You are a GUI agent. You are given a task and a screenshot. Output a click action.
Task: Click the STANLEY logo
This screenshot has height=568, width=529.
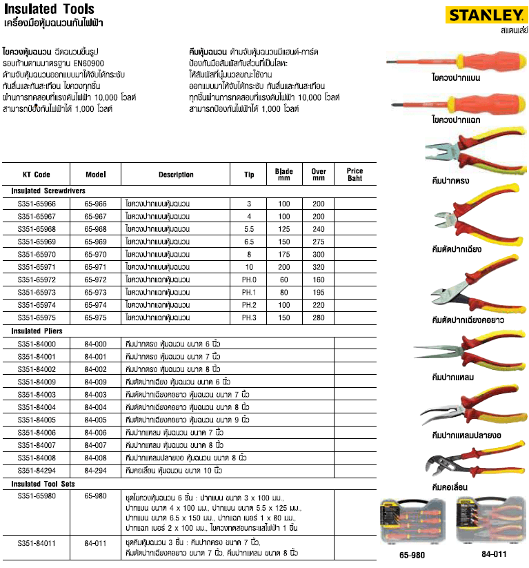[x=483, y=14]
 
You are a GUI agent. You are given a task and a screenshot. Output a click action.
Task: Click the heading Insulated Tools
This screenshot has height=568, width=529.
[x=41, y=10]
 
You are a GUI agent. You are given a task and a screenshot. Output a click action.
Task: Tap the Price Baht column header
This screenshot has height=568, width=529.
[x=355, y=175]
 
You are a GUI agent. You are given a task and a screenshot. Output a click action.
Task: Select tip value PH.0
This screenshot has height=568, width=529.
[x=249, y=280]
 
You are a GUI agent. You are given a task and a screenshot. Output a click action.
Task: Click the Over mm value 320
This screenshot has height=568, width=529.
[x=318, y=267]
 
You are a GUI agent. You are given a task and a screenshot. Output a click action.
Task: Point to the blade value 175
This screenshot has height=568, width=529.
[x=284, y=255]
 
